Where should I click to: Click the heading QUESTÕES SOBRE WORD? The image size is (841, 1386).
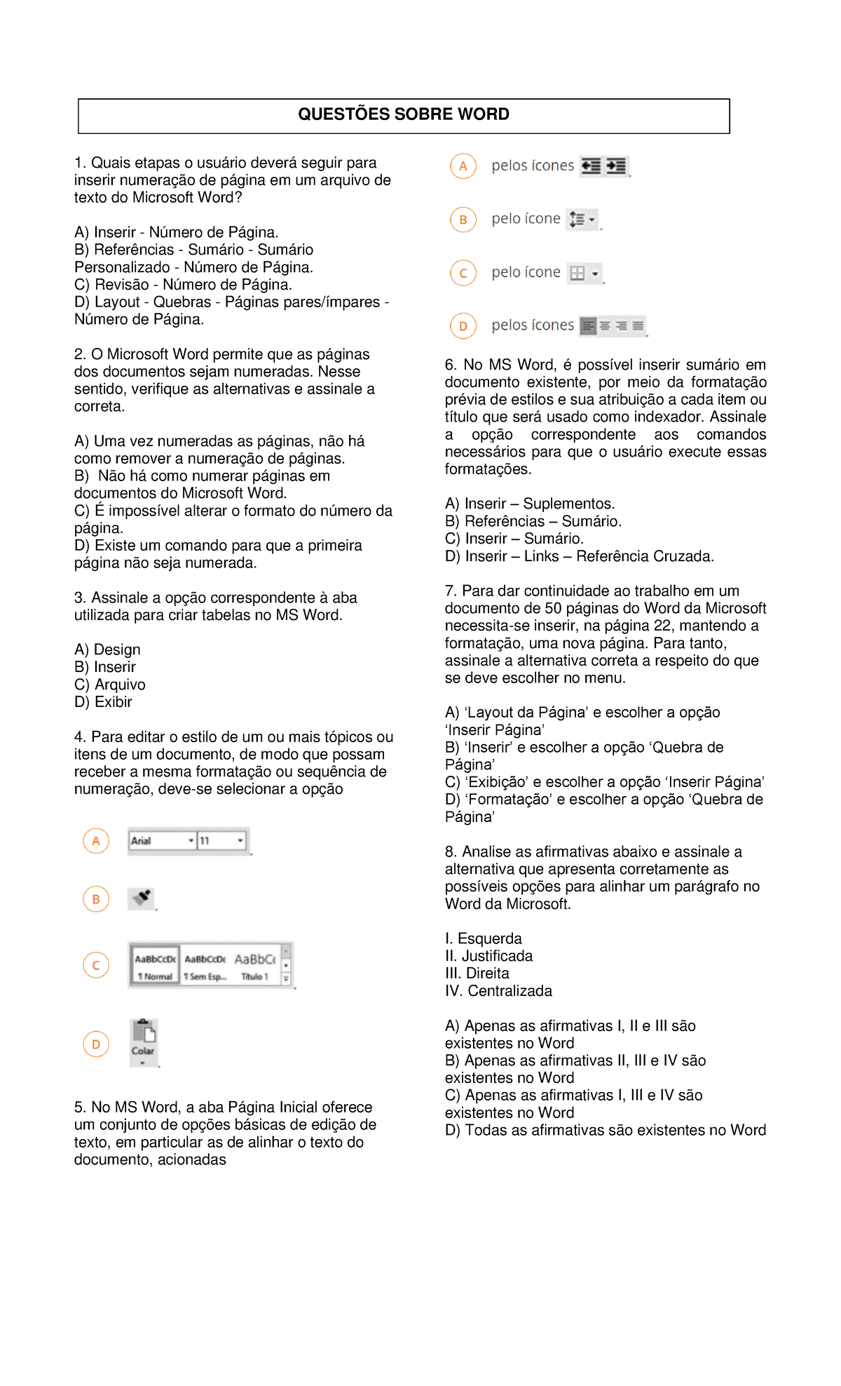pos(403,114)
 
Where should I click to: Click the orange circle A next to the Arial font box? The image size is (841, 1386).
pos(96,840)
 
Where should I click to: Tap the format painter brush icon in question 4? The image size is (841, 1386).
pos(142,898)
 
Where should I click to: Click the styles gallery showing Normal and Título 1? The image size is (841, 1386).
pos(210,965)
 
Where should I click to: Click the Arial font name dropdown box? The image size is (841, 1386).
pos(162,840)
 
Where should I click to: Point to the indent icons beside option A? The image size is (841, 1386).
pos(603,166)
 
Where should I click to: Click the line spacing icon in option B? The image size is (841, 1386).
pos(582,220)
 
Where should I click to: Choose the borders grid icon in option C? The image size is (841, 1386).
pos(584,273)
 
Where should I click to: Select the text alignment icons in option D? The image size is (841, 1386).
pos(613,325)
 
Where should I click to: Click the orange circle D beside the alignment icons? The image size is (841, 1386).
pos(463,325)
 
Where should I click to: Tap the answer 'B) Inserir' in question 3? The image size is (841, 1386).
pos(105,667)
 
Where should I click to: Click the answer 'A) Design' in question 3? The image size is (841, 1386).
pos(107,650)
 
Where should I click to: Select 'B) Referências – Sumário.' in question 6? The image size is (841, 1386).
pos(533,521)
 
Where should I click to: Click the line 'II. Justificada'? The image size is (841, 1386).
pos(488,956)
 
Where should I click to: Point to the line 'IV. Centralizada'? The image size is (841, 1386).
pos(498,991)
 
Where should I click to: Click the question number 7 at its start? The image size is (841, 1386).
pos(450,591)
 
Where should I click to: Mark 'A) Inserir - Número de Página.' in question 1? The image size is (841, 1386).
pos(176,232)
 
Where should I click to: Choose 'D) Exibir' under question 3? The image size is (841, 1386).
pos(103,702)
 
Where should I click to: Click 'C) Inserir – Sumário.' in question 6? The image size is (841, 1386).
pos(514,539)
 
